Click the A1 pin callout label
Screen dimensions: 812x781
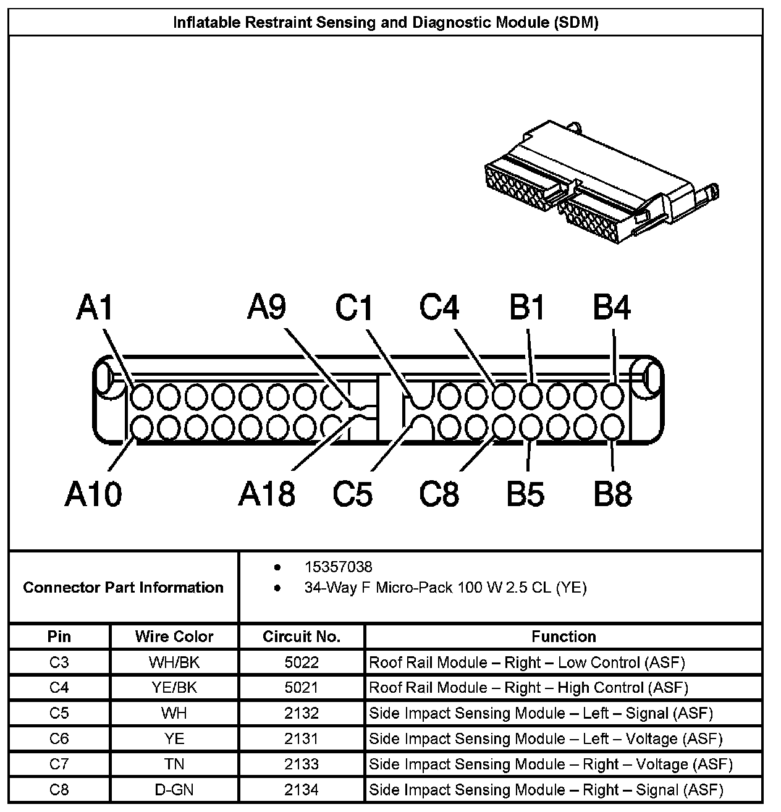click(x=95, y=307)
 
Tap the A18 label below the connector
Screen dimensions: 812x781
click(x=266, y=494)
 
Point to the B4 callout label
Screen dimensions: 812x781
click(x=612, y=307)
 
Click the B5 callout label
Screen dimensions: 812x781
click(x=525, y=494)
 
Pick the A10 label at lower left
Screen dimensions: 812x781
click(x=93, y=494)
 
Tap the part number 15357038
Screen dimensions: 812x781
click(x=338, y=567)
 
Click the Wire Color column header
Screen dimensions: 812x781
click(x=174, y=636)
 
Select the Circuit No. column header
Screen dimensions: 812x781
click(x=302, y=636)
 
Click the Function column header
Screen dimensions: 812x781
click(x=564, y=636)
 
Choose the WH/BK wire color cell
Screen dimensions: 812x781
click(x=174, y=662)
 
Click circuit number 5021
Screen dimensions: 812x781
click(x=302, y=688)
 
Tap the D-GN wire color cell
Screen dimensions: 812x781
click(x=174, y=790)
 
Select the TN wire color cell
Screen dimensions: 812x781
click(x=174, y=764)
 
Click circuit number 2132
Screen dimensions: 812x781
click(x=302, y=713)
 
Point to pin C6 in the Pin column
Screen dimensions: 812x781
click(x=59, y=738)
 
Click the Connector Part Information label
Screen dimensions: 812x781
click(x=123, y=587)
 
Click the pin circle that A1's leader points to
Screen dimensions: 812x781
click(x=141, y=395)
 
